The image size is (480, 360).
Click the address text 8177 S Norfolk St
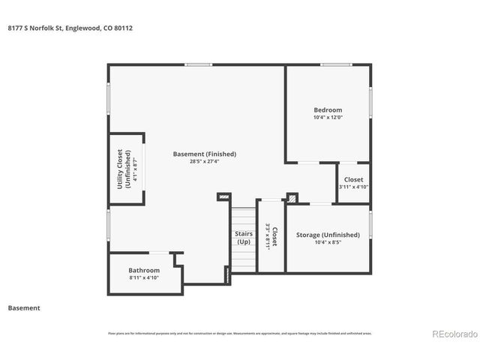click(x=36, y=28)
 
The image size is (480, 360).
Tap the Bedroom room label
click(x=327, y=110)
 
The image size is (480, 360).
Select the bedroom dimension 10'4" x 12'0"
click(x=327, y=118)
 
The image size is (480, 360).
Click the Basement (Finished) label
click(x=204, y=154)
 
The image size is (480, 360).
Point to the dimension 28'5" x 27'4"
click(x=204, y=161)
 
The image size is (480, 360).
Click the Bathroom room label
click(x=143, y=270)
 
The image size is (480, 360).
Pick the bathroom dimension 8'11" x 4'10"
click(x=143, y=277)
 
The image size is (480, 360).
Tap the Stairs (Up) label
click(x=244, y=238)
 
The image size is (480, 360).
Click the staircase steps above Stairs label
click(x=243, y=217)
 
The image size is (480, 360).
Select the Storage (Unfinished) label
click(x=327, y=235)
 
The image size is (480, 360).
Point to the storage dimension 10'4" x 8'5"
click(x=327, y=242)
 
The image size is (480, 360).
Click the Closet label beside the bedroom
click(x=353, y=179)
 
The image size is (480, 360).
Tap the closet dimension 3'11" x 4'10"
click(x=353, y=187)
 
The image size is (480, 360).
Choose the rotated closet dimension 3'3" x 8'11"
click(x=268, y=236)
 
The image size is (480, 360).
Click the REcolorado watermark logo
click(x=452, y=334)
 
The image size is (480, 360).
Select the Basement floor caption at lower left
click(x=23, y=307)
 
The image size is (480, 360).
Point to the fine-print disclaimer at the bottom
click(x=240, y=333)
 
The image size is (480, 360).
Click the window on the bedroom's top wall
click(x=336, y=65)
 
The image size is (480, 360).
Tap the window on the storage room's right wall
click(x=370, y=224)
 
